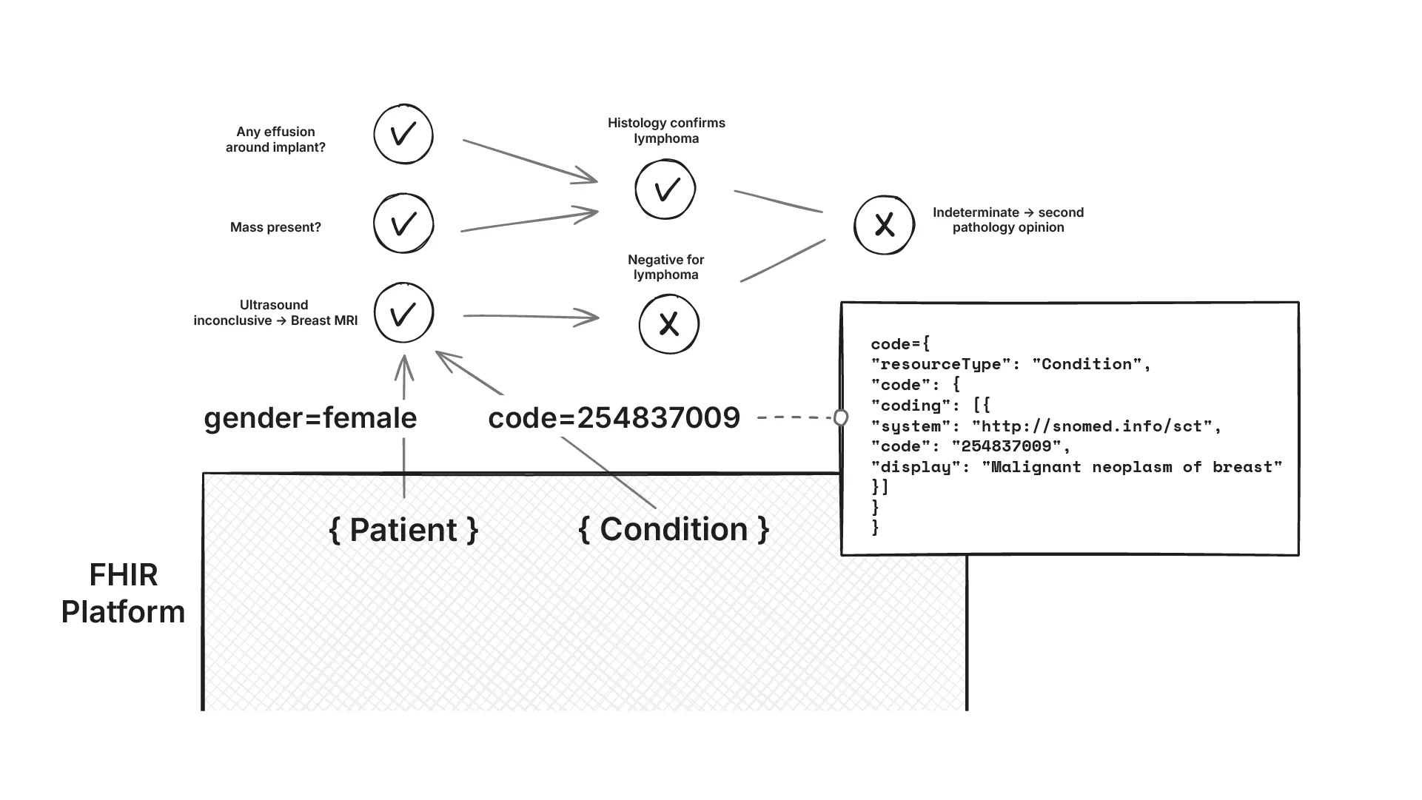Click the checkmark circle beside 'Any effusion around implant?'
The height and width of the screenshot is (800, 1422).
click(403, 135)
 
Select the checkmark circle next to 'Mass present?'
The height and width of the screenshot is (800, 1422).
click(403, 223)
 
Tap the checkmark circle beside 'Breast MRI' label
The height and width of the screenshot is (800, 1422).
click(403, 313)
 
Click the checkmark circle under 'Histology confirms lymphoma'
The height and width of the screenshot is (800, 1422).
click(665, 189)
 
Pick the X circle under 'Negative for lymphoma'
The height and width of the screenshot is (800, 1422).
click(669, 324)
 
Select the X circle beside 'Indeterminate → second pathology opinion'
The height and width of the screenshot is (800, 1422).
click(885, 225)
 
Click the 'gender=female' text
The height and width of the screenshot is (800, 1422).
click(310, 418)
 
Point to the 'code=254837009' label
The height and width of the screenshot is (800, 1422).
click(614, 418)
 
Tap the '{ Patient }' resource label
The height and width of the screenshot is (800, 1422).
click(403, 530)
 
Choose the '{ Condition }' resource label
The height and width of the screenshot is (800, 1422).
click(674, 529)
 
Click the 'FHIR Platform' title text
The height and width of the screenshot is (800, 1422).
click(123, 594)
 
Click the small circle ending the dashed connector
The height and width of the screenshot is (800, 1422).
click(841, 418)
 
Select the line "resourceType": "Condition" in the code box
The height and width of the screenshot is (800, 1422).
click(1010, 364)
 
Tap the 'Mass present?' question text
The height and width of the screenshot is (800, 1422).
click(275, 227)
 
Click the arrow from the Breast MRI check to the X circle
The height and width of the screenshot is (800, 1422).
click(530, 317)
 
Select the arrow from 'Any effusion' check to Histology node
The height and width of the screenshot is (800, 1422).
click(530, 160)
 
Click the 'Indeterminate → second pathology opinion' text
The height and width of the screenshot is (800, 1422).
click(1007, 220)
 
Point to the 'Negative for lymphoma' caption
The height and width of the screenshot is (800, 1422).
click(665, 267)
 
